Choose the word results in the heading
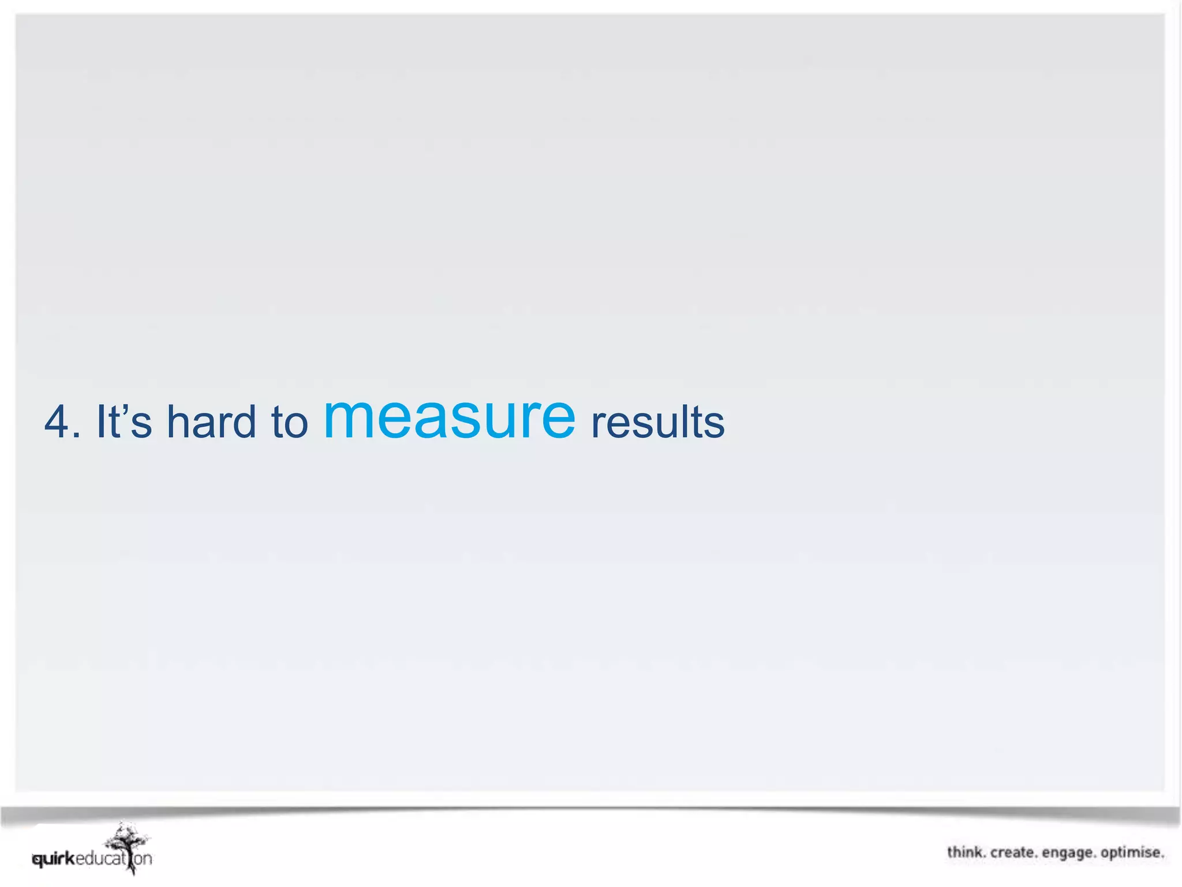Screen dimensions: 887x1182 click(x=658, y=422)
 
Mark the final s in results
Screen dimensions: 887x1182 click(x=715, y=426)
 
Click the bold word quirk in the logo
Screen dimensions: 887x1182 click(x=54, y=859)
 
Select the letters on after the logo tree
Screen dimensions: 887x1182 click(x=144, y=859)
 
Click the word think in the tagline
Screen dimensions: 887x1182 click(x=966, y=852)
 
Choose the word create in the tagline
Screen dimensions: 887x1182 click(x=1013, y=852)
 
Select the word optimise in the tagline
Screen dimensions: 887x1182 click(x=1131, y=853)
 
